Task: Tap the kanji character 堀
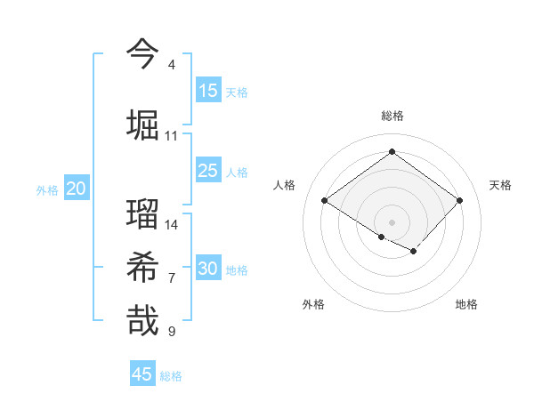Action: (142, 125)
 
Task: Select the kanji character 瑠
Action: (142, 213)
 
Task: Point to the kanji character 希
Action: (142, 268)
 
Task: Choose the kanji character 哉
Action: (142, 321)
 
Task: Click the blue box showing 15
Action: (208, 91)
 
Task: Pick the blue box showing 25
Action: (208, 171)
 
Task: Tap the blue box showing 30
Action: (208, 269)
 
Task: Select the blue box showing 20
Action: (77, 189)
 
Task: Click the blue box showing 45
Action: (142, 374)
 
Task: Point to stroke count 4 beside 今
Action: (172, 65)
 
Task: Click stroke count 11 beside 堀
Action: (171, 136)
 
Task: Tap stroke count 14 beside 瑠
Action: (172, 225)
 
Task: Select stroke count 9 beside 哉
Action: (172, 332)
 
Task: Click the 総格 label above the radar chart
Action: (392, 116)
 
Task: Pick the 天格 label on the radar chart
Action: (500, 185)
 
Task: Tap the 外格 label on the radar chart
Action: (313, 304)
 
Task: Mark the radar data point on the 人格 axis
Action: (325, 200)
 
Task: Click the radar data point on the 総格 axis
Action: (392, 152)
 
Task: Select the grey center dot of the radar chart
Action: (392, 221)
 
